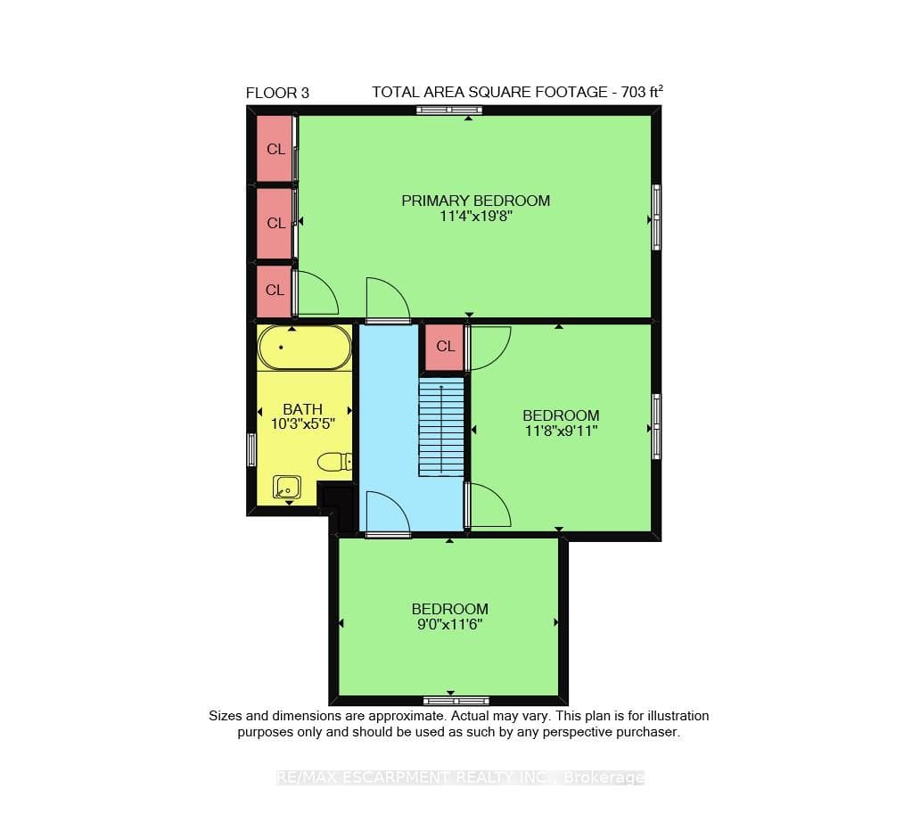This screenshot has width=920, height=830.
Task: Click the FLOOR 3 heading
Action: click(x=277, y=93)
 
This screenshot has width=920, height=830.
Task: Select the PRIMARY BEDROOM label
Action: click(x=475, y=201)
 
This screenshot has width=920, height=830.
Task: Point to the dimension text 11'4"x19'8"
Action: click(x=476, y=216)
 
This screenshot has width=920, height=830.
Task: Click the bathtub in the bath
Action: click(x=305, y=348)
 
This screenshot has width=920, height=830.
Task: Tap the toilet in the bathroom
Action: click(x=334, y=462)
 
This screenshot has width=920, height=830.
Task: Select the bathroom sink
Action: click(x=287, y=487)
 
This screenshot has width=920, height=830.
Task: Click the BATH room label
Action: click(x=303, y=409)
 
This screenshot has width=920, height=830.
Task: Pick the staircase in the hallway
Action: click(x=441, y=426)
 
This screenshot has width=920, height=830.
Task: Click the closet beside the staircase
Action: click(x=445, y=347)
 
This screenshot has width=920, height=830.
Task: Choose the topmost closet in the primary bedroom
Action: click(x=275, y=149)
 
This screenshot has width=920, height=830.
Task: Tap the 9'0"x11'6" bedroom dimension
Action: click(x=449, y=624)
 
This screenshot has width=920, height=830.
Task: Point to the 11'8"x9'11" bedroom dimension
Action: click(x=561, y=431)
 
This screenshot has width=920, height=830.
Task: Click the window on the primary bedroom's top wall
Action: click(x=448, y=110)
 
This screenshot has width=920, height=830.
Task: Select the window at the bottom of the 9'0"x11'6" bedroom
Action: click(x=456, y=701)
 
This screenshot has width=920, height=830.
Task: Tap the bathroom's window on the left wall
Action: click(x=251, y=450)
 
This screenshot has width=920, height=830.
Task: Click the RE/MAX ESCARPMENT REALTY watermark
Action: click(x=460, y=777)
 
